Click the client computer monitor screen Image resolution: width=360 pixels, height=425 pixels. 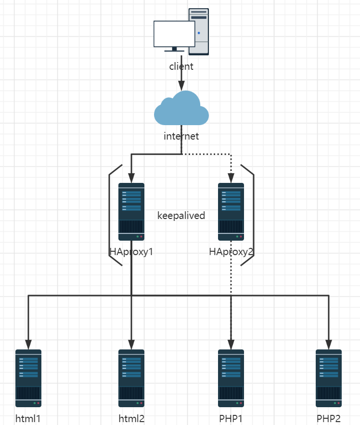coord(174,34)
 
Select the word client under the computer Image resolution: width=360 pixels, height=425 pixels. coord(181,66)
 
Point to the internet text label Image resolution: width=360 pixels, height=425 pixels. coord(181,136)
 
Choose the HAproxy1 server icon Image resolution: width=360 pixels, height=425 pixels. coord(131,211)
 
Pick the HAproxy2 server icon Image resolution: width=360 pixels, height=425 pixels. coord(231,211)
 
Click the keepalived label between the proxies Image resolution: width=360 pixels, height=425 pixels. coord(181,216)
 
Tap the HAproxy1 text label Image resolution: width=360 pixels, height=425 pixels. coord(131,251)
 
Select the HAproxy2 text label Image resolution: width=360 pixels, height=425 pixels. coord(231,251)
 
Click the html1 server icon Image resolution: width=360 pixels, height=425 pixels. coord(28,378)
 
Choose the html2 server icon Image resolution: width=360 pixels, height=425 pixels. coord(131,378)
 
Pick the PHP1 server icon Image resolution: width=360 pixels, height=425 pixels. coord(231,378)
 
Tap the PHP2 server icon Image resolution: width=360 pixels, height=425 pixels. coord(329,378)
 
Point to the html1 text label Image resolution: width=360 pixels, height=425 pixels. coord(28,418)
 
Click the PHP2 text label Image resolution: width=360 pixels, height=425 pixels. coord(329,418)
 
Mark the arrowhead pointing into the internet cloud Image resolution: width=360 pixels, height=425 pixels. coord(181,86)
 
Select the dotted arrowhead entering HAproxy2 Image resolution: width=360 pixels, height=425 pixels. coord(231,178)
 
